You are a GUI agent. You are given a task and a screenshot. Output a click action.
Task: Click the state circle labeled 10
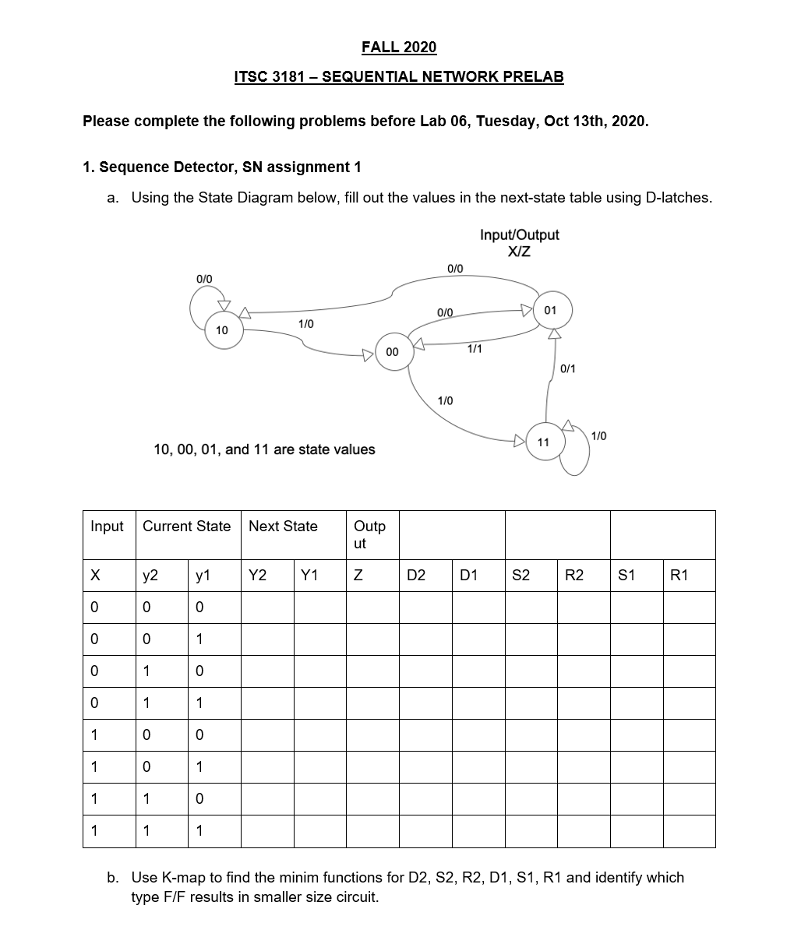tap(222, 330)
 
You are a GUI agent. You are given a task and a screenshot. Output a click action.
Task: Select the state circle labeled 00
tap(392, 352)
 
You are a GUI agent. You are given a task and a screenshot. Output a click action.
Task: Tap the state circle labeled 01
tap(550, 310)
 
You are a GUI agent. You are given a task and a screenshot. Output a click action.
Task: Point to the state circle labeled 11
tap(544, 442)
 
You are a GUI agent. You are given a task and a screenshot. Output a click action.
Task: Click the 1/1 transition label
tap(474, 349)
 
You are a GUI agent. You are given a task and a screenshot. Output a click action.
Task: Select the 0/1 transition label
tap(568, 368)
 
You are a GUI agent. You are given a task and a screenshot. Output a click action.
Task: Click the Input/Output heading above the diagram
tap(519, 234)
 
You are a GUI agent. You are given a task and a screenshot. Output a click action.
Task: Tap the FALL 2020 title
tap(399, 48)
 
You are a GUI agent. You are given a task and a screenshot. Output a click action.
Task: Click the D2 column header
tap(416, 576)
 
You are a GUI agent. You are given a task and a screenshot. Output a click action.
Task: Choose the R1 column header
tap(679, 576)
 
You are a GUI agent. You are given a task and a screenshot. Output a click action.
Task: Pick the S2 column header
tap(521, 576)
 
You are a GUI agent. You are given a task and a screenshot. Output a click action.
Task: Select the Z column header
tap(358, 576)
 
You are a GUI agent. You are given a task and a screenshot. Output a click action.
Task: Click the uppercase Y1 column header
tap(309, 576)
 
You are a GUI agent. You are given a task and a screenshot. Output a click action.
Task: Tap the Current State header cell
tap(186, 527)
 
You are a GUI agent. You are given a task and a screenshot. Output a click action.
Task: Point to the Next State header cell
tap(283, 527)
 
